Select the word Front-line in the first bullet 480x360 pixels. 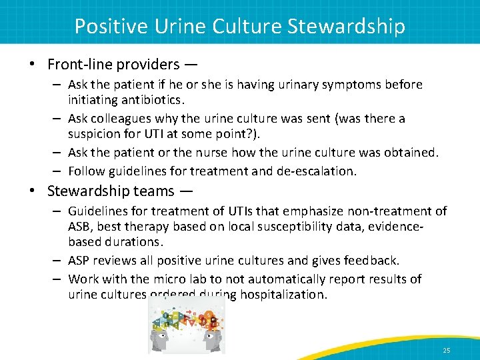(80, 65)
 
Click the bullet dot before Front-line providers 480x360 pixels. (33, 65)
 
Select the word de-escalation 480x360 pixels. (317, 171)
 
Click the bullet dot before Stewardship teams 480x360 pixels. (33, 191)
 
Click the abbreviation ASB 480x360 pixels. (80, 226)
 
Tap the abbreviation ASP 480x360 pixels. (80, 260)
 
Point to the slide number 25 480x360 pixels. (446, 351)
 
